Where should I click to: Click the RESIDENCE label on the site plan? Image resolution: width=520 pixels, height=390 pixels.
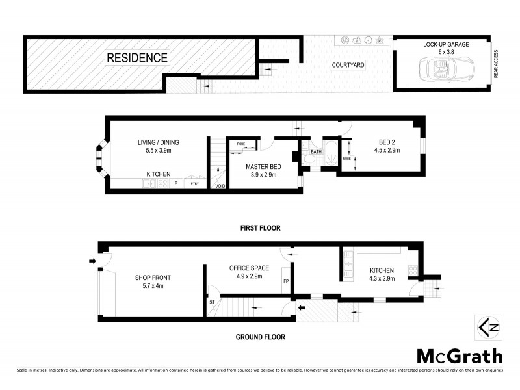(x=137, y=58)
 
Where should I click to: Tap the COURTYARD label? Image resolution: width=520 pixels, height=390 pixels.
(x=348, y=65)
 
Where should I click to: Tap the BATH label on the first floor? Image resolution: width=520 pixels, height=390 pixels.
(x=316, y=152)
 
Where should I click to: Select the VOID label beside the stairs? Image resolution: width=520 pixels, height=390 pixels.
(x=220, y=187)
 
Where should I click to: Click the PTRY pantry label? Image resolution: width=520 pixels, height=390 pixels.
(x=194, y=185)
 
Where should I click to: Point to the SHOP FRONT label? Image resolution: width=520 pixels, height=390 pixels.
(x=153, y=281)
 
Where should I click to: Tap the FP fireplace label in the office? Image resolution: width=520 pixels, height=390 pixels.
(x=286, y=281)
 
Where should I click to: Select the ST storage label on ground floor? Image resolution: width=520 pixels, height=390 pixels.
(x=213, y=302)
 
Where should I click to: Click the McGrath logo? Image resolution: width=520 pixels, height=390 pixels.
(x=459, y=356)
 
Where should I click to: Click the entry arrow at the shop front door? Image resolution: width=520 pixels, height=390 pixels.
(x=92, y=261)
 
